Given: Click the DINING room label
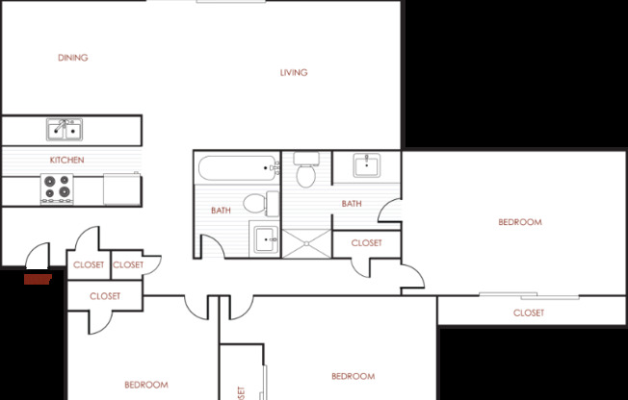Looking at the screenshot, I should click(72, 58).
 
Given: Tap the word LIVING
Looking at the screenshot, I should click(294, 73).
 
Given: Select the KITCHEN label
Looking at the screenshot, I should click(67, 160).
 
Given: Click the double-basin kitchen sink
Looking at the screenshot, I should click(65, 129).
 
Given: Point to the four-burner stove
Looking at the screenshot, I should click(58, 188).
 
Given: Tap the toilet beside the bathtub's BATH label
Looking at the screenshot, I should click(256, 203).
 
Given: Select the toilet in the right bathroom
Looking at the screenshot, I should click(307, 171).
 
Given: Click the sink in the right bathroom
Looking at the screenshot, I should click(367, 167).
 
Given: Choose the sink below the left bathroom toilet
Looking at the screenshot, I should click(264, 237).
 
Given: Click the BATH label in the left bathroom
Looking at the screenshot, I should click(221, 211).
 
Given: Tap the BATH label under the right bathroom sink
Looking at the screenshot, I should click(352, 204).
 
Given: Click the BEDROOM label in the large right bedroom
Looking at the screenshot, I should click(519, 222).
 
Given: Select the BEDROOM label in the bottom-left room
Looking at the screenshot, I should click(146, 385).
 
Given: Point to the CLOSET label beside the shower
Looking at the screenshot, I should click(366, 243).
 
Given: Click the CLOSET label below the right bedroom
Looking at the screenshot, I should click(528, 312).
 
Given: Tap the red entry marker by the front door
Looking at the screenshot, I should click(38, 279).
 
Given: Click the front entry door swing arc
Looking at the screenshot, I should click(36, 255).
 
